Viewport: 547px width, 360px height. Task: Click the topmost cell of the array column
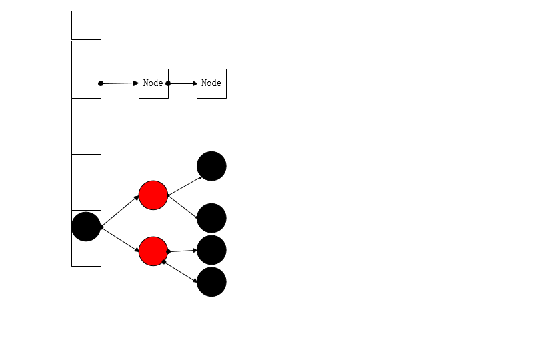tap(86, 25)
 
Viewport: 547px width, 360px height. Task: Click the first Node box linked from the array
tap(153, 83)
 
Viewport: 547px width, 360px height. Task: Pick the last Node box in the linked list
tap(211, 83)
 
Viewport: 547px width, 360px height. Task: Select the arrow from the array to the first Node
tap(120, 83)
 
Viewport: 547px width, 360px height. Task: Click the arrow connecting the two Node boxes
tap(183, 83)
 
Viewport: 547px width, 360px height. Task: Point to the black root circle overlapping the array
tap(86, 227)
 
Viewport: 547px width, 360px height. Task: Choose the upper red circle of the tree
tap(153, 195)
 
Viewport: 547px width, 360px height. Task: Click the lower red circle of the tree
tap(153, 251)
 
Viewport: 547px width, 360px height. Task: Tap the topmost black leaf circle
tap(211, 166)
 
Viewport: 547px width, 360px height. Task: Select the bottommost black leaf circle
tap(211, 282)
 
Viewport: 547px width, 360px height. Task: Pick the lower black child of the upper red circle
tap(211, 218)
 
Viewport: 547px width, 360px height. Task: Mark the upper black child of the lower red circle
tap(211, 250)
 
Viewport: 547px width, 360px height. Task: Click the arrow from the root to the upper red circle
tap(121, 211)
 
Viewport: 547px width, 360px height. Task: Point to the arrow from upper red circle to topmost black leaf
tap(185, 187)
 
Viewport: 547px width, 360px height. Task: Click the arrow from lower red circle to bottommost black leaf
tap(181, 271)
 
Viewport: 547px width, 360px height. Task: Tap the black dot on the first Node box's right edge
tap(168, 83)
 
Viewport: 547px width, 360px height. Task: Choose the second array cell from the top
tap(86, 55)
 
